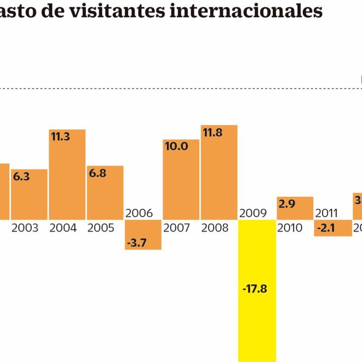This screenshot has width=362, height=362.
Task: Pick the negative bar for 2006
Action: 143,235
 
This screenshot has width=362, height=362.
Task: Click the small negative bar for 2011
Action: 333,228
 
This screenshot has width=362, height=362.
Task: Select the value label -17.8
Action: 255,289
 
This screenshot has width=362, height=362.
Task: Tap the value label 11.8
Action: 213,133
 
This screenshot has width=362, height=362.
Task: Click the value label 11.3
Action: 60,137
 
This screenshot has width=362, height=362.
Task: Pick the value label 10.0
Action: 176,146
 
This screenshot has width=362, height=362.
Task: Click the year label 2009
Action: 253,213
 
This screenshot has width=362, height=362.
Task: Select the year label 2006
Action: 139,213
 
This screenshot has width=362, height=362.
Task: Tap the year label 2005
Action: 101,228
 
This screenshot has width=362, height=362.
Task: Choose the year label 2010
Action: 290,228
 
